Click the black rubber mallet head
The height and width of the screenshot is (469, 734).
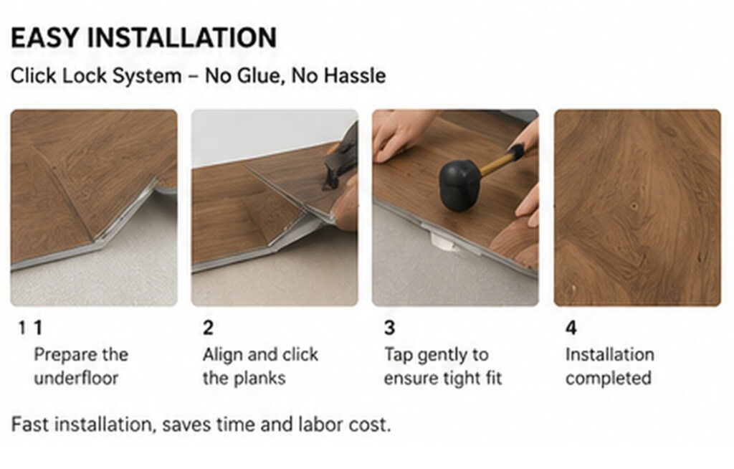459,184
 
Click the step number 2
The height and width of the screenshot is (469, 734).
208,328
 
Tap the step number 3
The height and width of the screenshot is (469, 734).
389,328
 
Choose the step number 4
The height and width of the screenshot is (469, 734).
571,328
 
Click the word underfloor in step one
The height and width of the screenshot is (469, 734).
76,378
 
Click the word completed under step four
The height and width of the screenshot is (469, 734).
608,379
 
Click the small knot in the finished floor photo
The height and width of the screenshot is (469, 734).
634,206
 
